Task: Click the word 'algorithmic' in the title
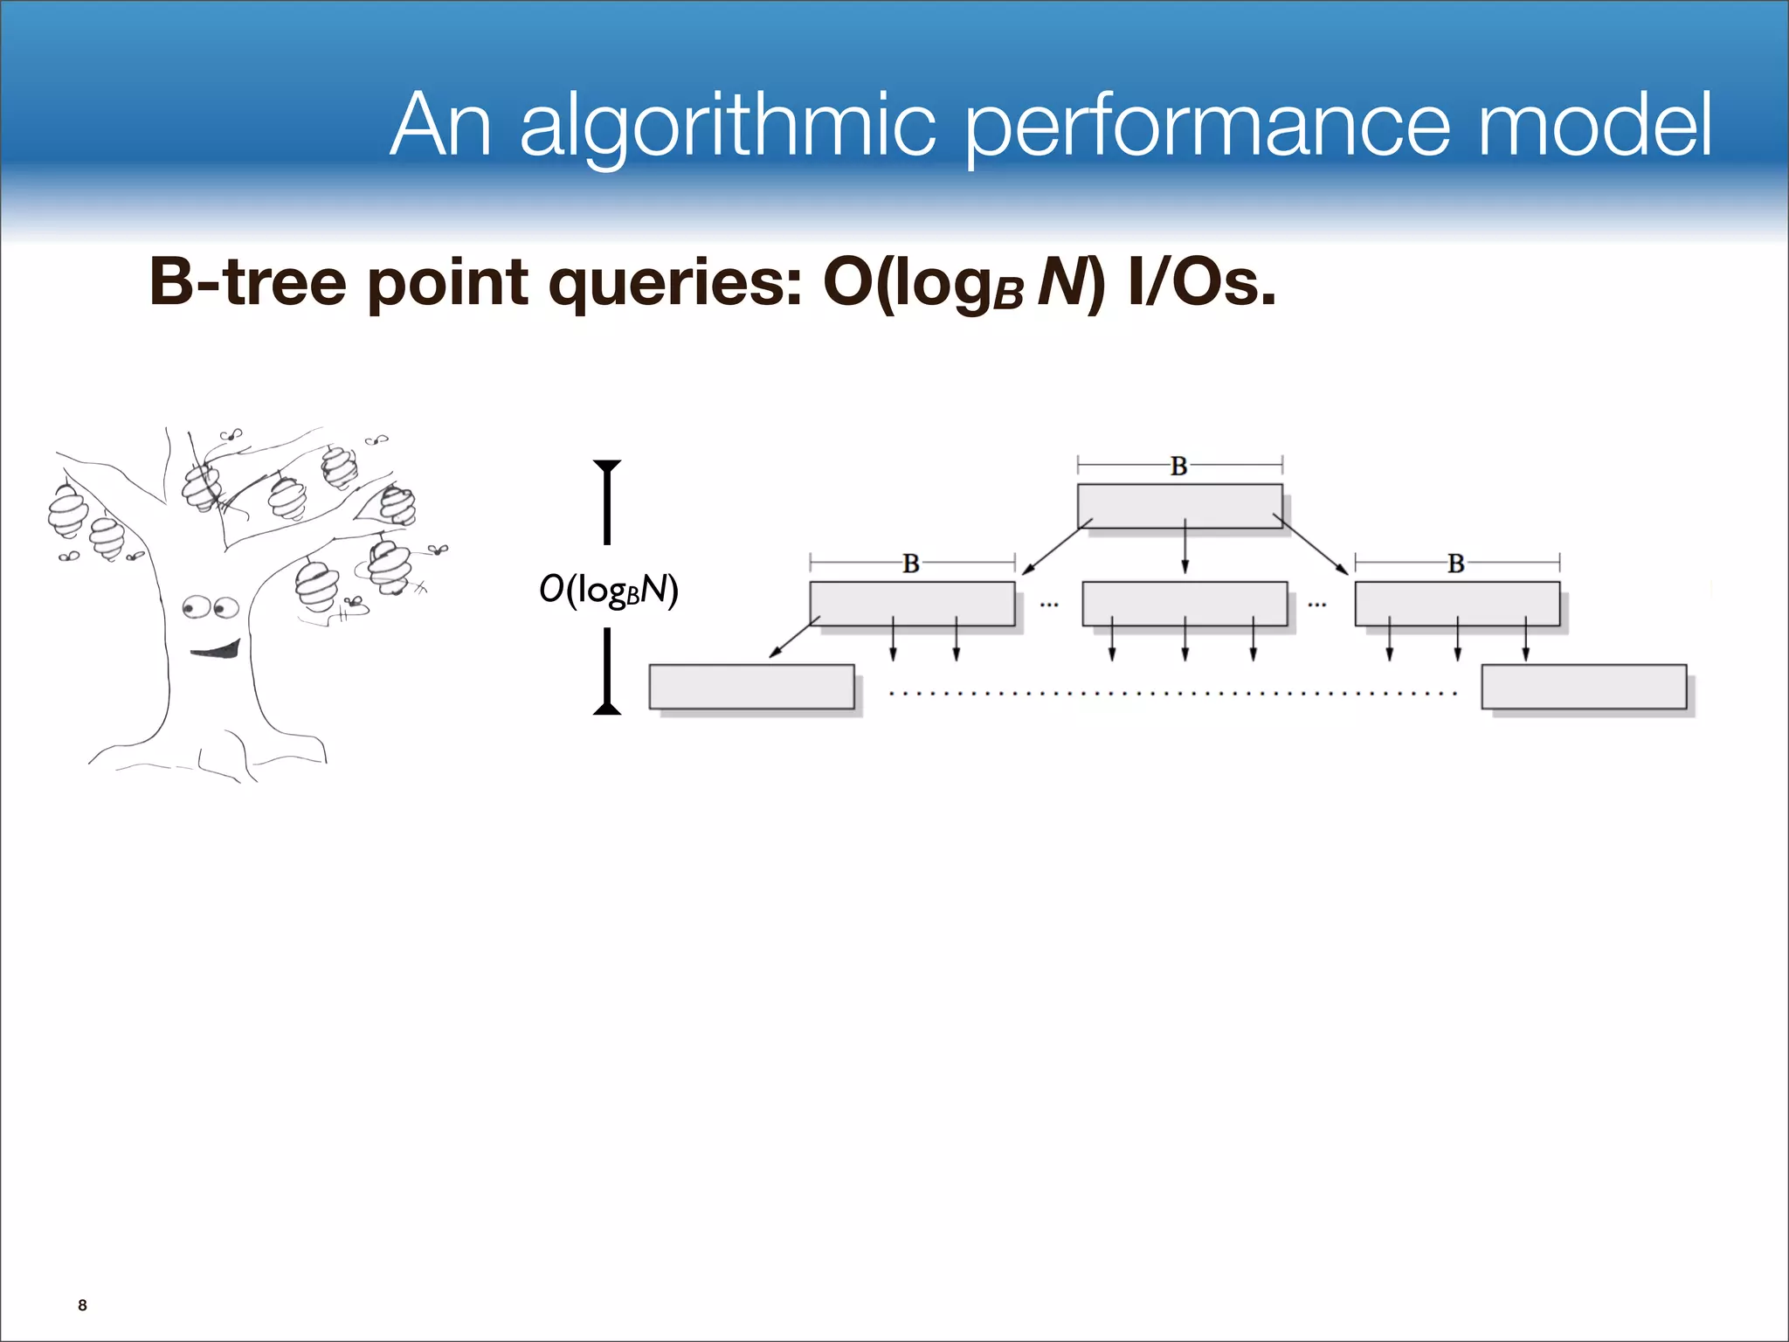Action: click(x=728, y=128)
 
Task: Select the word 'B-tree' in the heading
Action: click(x=247, y=282)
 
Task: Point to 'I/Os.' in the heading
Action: click(x=1201, y=282)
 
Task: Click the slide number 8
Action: click(x=82, y=1305)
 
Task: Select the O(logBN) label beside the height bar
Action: click(x=608, y=590)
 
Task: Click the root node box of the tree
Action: click(x=1179, y=505)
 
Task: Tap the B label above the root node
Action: click(x=1178, y=467)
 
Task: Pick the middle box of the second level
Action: click(x=1185, y=603)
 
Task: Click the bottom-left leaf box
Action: click(x=751, y=687)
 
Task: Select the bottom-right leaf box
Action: click(x=1583, y=687)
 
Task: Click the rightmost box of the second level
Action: click(x=1457, y=603)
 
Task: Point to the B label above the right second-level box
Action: click(x=1455, y=564)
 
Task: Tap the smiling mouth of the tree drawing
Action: click(x=216, y=649)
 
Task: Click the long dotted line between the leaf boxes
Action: click(x=1171, y=694)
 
